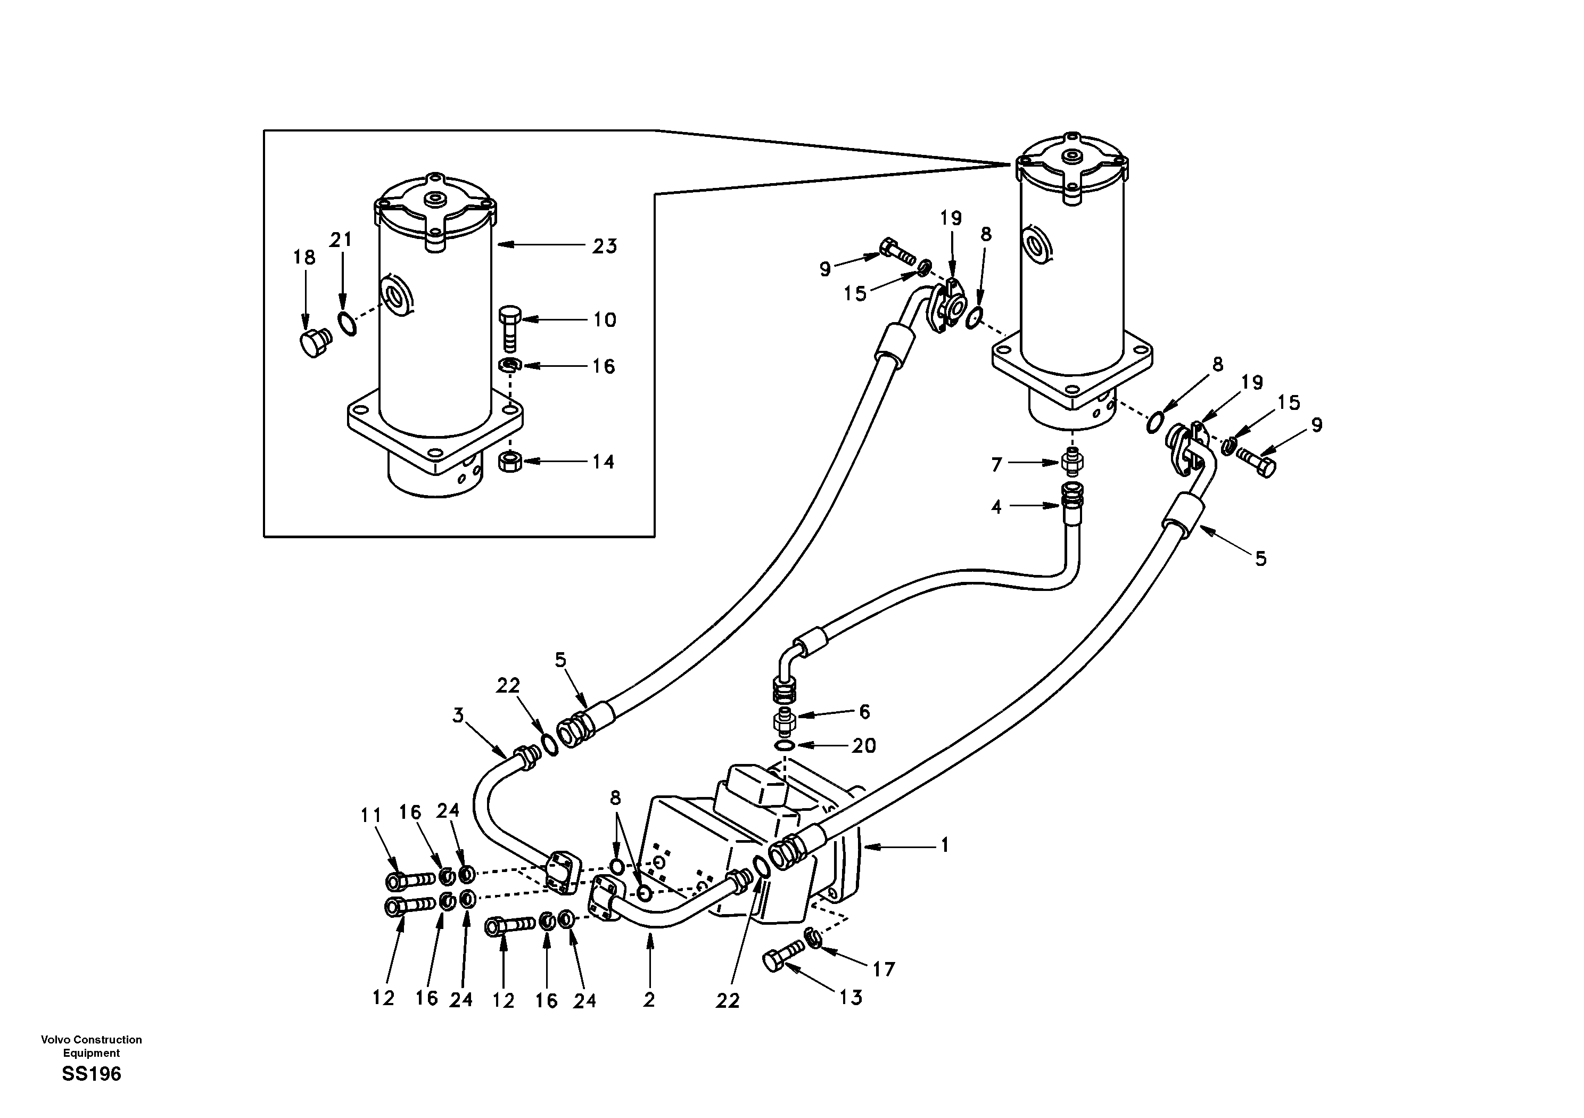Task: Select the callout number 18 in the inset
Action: pyautogui.click(x=304, y=258)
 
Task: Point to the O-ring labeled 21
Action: pyautogui.click(x=347, y=322)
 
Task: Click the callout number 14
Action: pyautogui.click(x=603, y=462)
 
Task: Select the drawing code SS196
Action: pyautogui.click(x=91, y=1074)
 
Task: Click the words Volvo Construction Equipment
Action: pyautogui.click(x=91, y=1046)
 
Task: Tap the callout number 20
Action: pyautogui.click(x=864, y=745)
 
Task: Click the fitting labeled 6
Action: pyautogui.click(x=786, y=722)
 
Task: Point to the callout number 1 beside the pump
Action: pyautogui.click(x=945, y=845)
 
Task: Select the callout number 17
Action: pyautogui.click(x=883, y=969)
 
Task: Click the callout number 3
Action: pyautogui.click(x=458, y=716)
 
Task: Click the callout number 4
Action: pyautogui.click(x=996, y=507)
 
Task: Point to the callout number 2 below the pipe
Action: pyautogui.click(x=648, y=1000)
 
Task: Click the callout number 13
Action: pyautogui.click(x=851, y=997)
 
